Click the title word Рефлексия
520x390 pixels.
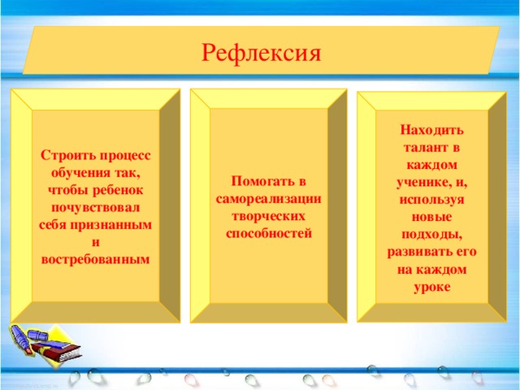click(262, 53)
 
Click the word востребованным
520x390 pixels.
click(95, 258)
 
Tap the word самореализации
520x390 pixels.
click(269, 199)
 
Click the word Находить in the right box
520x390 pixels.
click(432, 130)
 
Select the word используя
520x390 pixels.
click(432, 200)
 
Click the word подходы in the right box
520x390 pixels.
click(432, 235)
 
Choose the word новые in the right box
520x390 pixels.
click(432, 217)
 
